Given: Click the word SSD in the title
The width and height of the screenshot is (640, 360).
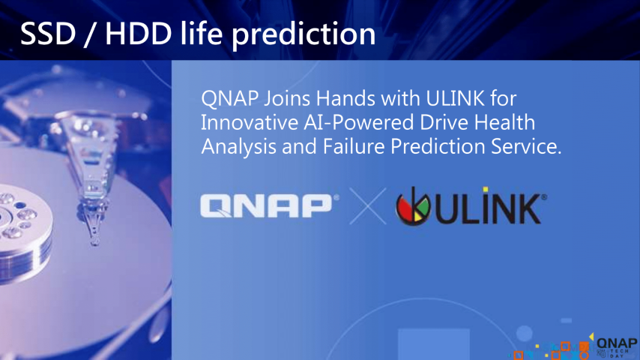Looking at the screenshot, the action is pos(48,34).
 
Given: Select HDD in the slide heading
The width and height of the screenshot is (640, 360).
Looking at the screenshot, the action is pos(139,34).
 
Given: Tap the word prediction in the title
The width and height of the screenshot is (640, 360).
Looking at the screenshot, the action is pos(304,34).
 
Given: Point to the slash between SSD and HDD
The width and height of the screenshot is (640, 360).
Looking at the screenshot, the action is pos(91,34).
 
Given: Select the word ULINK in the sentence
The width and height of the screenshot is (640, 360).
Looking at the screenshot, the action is pos(455,98).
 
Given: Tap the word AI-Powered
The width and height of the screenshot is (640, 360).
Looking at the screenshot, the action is pos(359,123).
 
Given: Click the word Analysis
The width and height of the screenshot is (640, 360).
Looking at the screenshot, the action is pos(238,147).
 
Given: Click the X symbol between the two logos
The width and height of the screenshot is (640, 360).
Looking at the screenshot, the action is pos(368,206).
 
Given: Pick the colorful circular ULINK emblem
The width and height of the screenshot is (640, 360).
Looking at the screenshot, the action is pos(413,206).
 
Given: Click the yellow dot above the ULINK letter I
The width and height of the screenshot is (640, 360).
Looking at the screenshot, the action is pos(486,190).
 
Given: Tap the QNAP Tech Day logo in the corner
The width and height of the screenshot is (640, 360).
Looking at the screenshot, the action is pos(616,347).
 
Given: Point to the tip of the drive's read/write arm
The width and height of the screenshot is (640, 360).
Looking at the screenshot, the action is pos(94,242).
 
